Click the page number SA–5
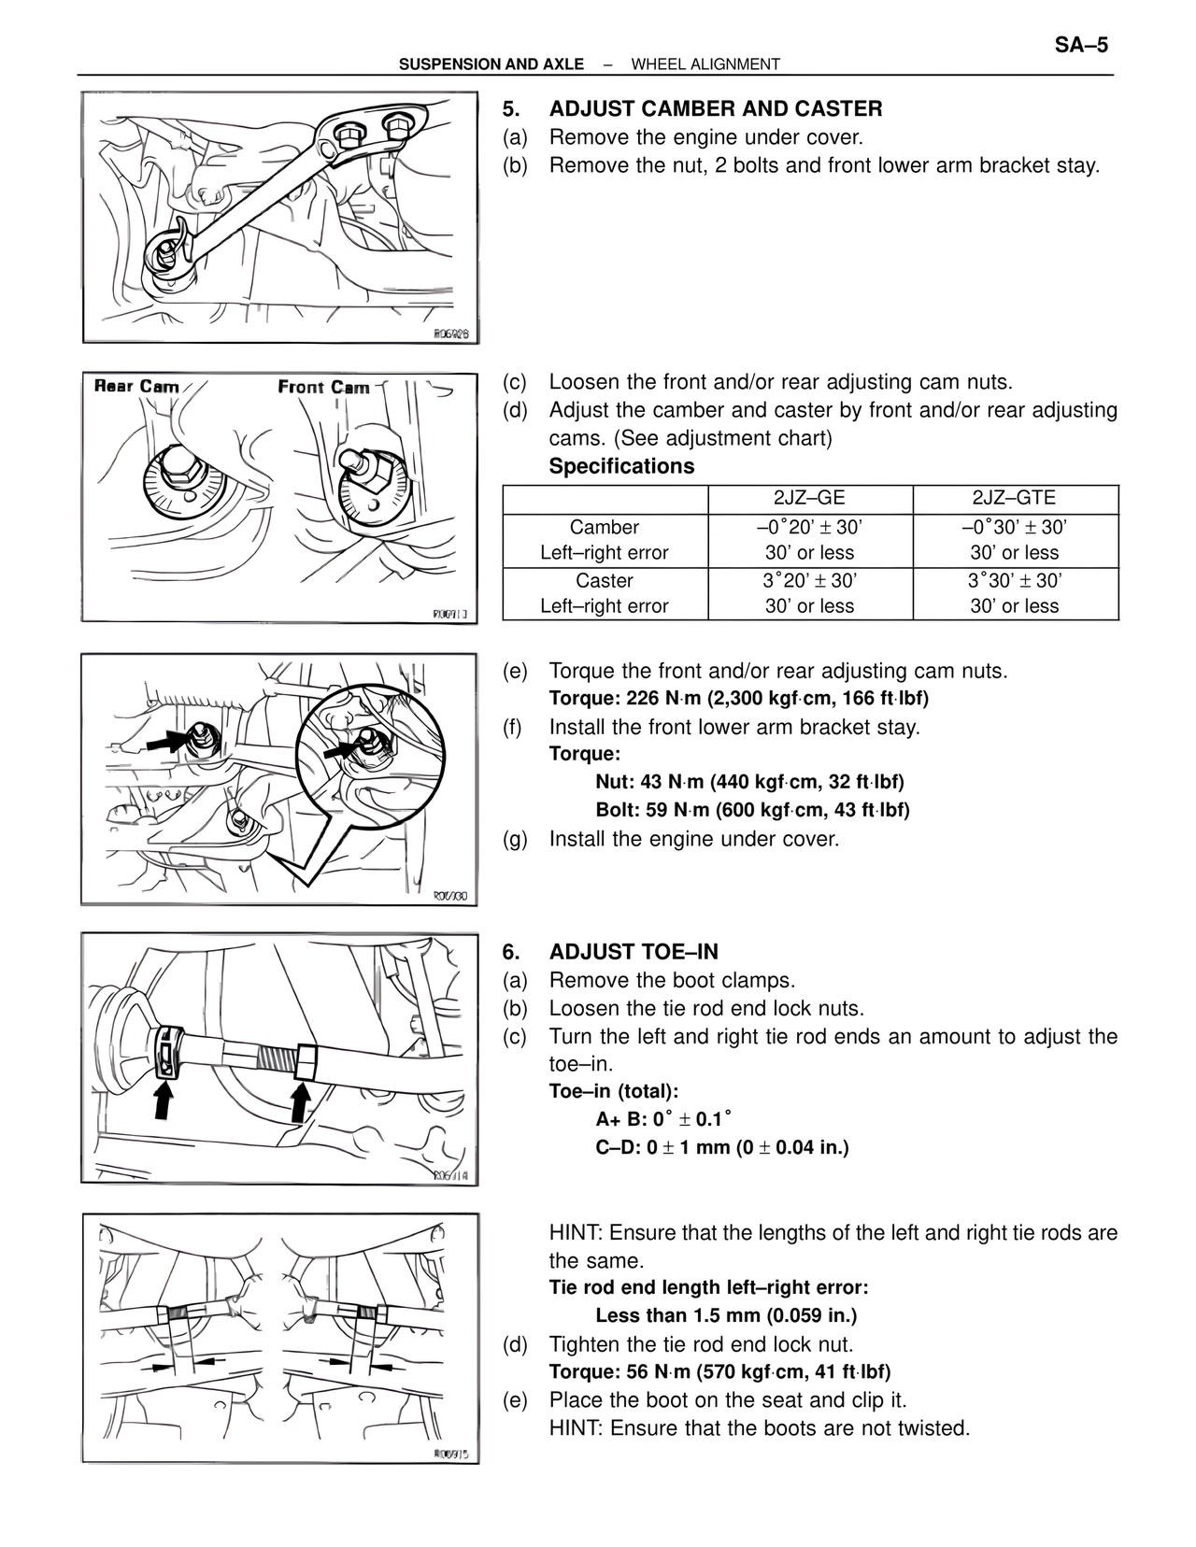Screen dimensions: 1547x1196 [1081, 45]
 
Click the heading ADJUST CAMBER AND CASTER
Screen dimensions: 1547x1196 [715, 109]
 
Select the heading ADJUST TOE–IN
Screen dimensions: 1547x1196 [634, 952]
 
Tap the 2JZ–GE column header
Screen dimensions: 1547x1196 [809, 499]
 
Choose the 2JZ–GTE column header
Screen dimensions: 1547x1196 [1015, 499]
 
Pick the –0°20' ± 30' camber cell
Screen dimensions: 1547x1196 [809, 527]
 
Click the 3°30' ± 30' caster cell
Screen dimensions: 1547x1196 [1015, 580]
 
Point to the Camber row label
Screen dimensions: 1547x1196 [605, 527]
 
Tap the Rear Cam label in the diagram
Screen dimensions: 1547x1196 [136, 386]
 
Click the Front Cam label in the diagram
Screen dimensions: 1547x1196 [323, 387]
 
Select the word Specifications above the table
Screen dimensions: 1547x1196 [621, 466]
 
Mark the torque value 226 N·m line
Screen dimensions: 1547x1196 [738, 699]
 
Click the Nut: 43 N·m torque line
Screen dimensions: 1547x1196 [749, 782]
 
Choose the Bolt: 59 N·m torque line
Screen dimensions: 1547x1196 [752, 810]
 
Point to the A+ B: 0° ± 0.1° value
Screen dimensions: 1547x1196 [663, 1119]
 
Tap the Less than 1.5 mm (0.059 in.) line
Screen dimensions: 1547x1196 [726, 1315]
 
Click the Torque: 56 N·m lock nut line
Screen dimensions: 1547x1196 [719, 1371]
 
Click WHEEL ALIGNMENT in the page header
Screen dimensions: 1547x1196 [705, 64]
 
